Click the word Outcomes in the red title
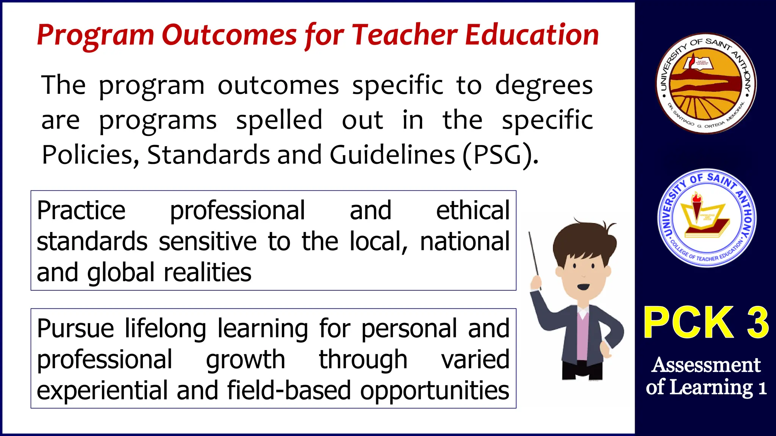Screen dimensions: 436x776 tap(229, 35)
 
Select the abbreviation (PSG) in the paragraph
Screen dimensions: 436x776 tap(500, 155)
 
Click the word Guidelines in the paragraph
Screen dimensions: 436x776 tap(392, 155)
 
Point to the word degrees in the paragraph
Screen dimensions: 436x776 tap(544, 86)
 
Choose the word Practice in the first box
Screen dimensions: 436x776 tap(81, 210)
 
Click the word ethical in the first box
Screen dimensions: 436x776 tap(473, 210)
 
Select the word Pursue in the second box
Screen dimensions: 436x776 tap(75, 329)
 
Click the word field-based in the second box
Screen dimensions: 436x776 tap(289, 391)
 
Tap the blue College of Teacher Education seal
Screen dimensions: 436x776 tap(707, 218)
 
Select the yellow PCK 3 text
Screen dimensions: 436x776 tap(706, 322)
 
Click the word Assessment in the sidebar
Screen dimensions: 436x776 tap(706, 365)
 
